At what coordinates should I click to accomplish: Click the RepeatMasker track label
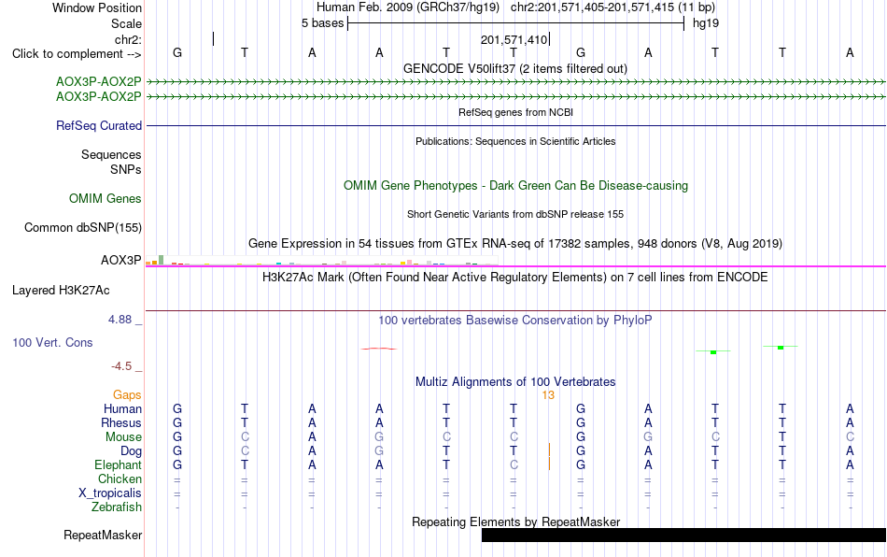click(103, 535)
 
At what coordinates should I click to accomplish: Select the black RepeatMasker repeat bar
click(683, 535)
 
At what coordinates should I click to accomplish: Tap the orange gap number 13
click(548, 395)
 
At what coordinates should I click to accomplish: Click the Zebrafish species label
click(117, 507)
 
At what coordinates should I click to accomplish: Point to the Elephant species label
click(118, 464)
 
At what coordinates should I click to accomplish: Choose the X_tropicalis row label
click(110, 493)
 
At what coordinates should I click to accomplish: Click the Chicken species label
click(120, 478)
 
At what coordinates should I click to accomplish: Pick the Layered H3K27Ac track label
click(61, 291)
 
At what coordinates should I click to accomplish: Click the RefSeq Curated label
click(98, 125)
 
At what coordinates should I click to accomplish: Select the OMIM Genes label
click(106, 199)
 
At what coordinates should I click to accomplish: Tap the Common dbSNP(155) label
click(82, 227)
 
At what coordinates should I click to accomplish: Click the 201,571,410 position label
click(514, 39)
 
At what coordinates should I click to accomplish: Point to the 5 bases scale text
click(322, 23)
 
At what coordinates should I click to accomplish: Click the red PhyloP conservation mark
click(379, 349)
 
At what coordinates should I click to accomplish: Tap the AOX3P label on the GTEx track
click(121, 261)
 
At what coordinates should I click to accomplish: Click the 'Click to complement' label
click(77, 54)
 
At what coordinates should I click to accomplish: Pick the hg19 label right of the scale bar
click(706, 23)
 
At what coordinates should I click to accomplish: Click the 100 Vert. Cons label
click(52, 342)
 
